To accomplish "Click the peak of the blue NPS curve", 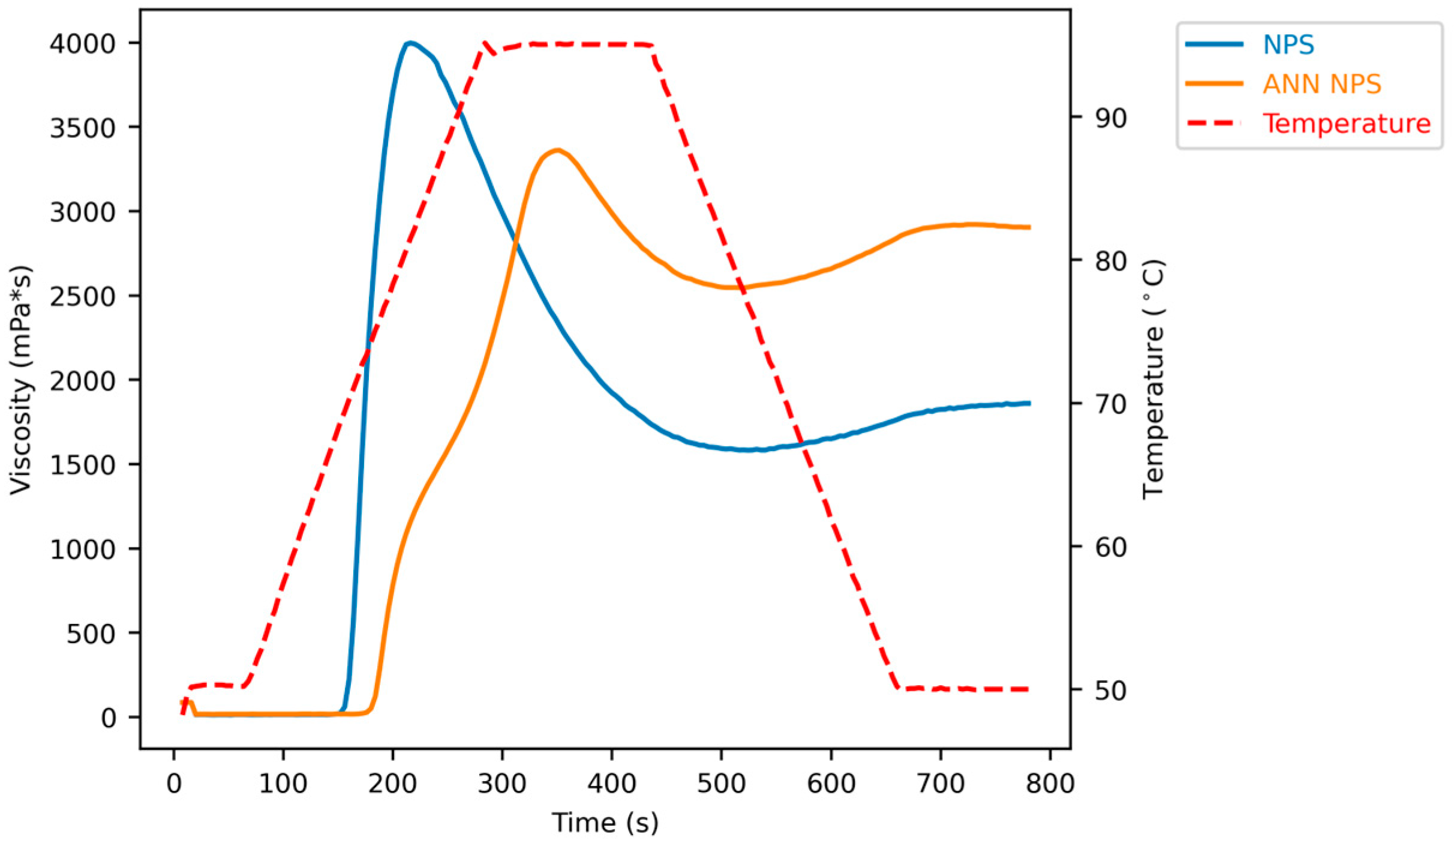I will point(410,43).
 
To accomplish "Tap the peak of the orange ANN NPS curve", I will point(558,150).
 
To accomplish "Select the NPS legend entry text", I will point(1288,45).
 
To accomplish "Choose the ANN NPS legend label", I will point(1322,84).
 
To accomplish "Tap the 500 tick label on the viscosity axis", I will point(91,634).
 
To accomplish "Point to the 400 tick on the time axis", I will point(612,784).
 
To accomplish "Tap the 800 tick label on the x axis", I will point(1050,784).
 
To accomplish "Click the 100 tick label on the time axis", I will point(283,784).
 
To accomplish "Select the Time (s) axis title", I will point(605,822).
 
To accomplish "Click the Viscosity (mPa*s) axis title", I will point(22,380).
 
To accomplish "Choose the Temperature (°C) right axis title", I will point(1153,380).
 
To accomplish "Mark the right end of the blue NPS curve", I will point(1029,403).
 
